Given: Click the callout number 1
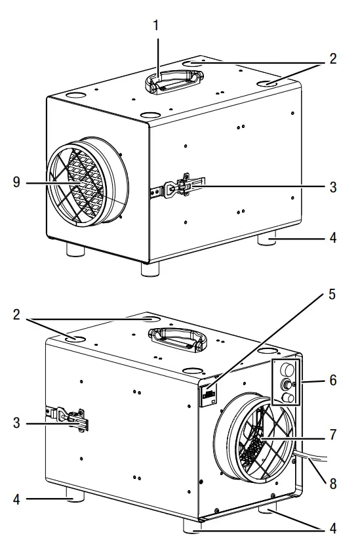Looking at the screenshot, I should pyautogui.click(x=155, y=26).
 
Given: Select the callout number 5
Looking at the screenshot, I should pyautogui.click(x=332, y=294).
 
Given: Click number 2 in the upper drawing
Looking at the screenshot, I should pyautogui.click(x=332, y=58).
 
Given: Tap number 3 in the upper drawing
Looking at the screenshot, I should pyautogui.click(x=332, y=187).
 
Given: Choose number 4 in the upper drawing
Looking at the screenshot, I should pyautogui.click(x=332, y=238).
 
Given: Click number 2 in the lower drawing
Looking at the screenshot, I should pyautogui.click(x=16, y=314).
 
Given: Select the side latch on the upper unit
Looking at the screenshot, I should pyautogui.click(x=180, y=187).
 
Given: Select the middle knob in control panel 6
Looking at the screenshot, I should pyautogui.click(x=287, y=383).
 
